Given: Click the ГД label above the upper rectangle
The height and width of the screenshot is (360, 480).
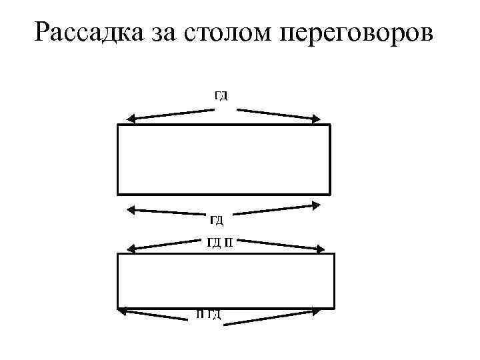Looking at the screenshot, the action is (221, 95).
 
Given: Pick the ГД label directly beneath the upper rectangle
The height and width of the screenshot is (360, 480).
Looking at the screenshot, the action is (217, 219).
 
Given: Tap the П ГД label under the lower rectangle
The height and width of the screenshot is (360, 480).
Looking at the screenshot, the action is (209, 313).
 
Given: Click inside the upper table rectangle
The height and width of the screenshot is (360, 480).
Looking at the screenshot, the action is (224, 159).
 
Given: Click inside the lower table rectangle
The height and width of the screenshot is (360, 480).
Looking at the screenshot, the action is (226, 280).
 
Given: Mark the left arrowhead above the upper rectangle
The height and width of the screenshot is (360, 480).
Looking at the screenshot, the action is (131, 119).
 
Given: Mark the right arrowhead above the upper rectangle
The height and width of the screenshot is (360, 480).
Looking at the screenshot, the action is (316, 119).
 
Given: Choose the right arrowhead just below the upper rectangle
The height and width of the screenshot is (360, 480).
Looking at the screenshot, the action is (315, 205).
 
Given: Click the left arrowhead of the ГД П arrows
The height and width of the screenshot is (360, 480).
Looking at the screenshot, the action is (131, 250).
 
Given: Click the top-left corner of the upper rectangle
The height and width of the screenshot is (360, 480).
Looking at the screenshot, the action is (118, 125).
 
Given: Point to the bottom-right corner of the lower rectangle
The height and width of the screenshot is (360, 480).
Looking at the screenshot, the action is (333, 307).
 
